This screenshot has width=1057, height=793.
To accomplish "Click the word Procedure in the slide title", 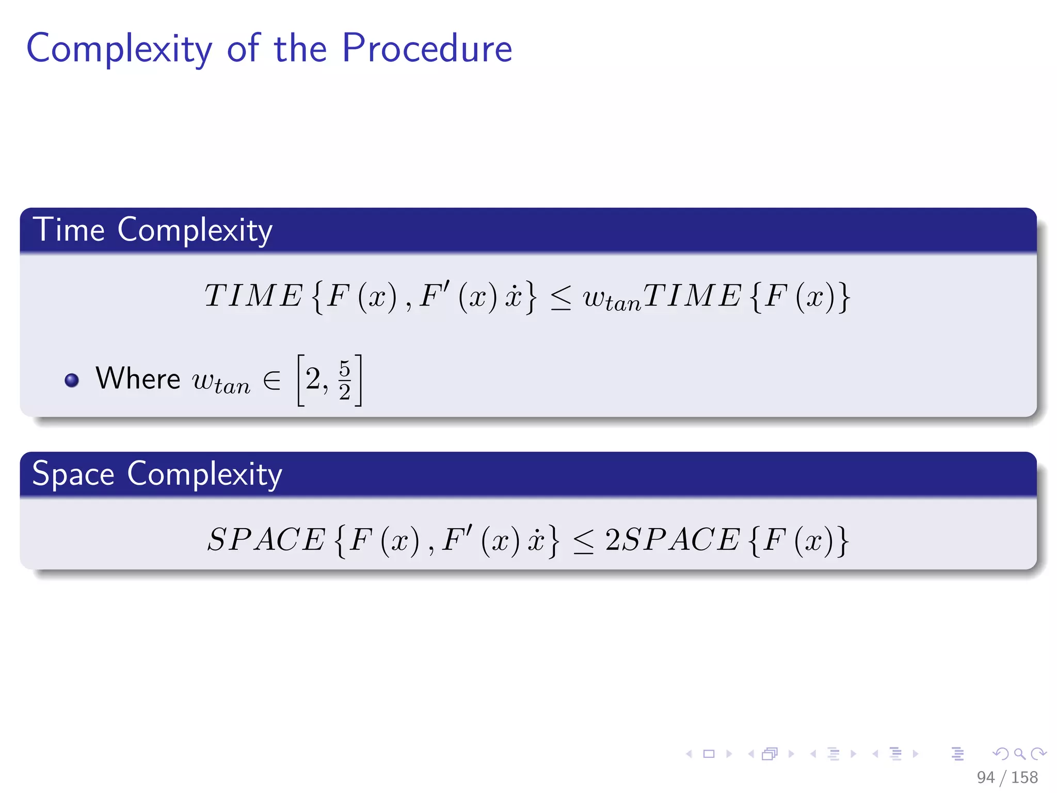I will tap(427, 49).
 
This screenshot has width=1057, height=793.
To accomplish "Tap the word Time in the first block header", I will tap(69, 230).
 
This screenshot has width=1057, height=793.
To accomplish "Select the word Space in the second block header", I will tap(73, 474).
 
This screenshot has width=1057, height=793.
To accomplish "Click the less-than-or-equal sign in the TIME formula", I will tap(561, 298).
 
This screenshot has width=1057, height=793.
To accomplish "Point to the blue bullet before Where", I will tap(72, 380).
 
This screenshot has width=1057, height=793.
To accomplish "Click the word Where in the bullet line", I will tap(138, 378).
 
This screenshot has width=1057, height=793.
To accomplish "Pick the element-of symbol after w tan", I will tap(271, 381).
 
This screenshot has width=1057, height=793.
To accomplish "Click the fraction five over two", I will tap(345, 380).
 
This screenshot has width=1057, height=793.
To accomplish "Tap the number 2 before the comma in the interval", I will tap(313, 379).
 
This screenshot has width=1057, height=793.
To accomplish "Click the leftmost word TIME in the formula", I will tap(253, 296).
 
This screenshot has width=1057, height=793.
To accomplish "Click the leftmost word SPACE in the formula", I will tap(266, 540).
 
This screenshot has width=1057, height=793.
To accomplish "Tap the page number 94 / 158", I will tap(1007, 777).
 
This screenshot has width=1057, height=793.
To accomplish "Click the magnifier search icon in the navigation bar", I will tap(1019, 754).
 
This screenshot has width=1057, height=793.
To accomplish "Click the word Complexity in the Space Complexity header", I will tap(204, 474).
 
